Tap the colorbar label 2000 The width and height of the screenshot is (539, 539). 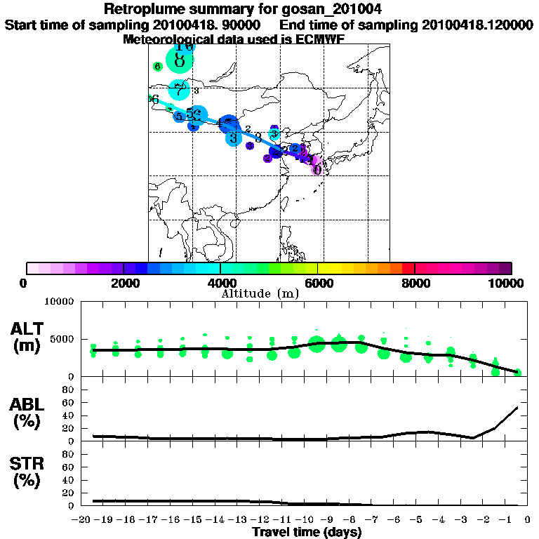point(122,284)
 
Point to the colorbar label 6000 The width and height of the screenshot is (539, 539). point(317,284)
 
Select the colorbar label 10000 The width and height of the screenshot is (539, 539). point(507,284)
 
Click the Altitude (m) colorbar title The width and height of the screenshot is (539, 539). point(260,293)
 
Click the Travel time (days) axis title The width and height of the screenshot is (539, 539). point(307,533)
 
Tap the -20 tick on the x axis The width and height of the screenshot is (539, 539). point(83,520)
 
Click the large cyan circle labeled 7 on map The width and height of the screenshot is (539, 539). point(180,90)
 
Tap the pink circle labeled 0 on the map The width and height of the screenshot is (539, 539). point(317,169)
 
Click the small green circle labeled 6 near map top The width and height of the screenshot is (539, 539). point(157,67)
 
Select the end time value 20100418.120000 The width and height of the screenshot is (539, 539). point(477,25)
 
